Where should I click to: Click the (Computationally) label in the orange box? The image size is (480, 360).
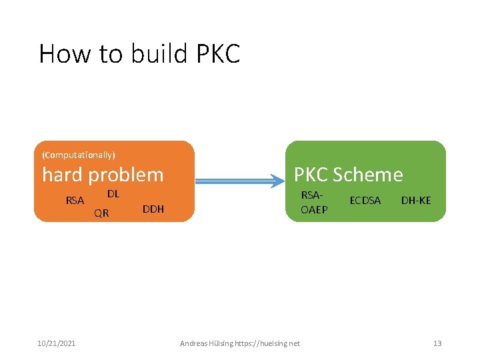pos(79,155)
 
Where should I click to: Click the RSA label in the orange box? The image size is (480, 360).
pos(75,200)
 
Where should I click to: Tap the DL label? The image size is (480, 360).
pos(113,194)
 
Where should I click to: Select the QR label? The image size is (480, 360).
pos(101,213)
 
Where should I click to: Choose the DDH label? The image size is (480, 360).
pos(153,209)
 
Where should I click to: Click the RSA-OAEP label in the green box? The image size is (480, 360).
pos(313,201)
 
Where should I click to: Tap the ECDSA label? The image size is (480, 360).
pos(365,200)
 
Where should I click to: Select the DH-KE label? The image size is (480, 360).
pos(416,200)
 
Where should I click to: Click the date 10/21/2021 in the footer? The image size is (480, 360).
pos(56,343)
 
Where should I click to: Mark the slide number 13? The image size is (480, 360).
pos(437,343)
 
